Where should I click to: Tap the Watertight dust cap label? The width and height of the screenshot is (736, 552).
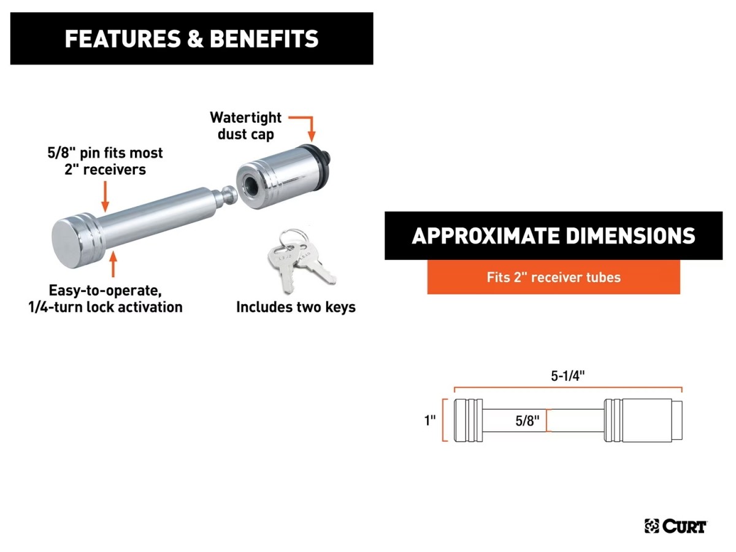pos(245,125)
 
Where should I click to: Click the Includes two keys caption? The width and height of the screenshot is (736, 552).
pos(296,307)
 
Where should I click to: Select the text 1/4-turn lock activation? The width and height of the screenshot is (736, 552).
pos(105,307)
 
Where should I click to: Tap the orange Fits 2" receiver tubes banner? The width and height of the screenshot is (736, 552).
pos(553,277)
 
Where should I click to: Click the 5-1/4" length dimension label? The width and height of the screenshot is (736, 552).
pos(568,376)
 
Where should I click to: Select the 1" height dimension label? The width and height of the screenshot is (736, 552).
pos(430,420)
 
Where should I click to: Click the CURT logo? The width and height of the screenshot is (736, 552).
pos(675,526)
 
